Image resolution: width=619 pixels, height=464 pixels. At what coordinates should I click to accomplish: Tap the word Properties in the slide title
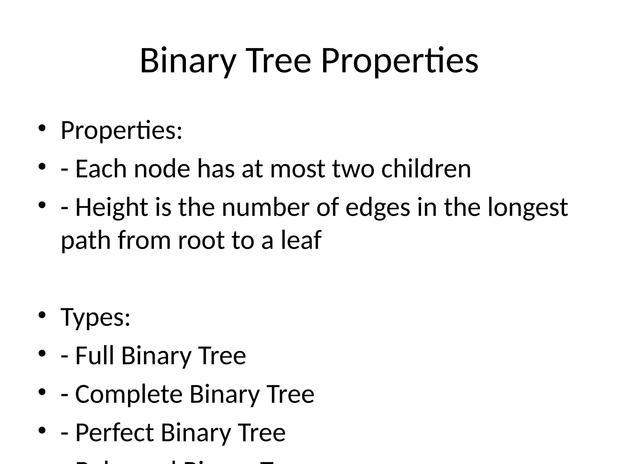[400, 61]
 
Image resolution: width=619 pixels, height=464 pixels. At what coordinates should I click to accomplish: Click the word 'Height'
[112, 208]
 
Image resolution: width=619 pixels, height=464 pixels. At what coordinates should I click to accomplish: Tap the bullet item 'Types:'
[96, 317]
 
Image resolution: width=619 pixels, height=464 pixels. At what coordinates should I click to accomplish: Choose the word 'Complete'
[129, 394]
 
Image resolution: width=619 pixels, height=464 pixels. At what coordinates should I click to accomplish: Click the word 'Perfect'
[114, 433]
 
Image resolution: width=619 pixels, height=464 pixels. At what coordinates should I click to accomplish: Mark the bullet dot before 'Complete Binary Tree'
[42, 392]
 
